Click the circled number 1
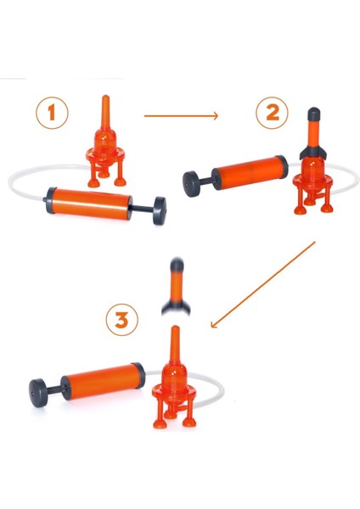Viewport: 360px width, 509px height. click(x=52, y=113)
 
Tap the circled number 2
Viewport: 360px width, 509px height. click(x=272, y=113)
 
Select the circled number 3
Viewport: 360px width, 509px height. click(x=122, y=320)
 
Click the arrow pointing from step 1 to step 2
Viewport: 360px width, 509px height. click(x=181, y=115)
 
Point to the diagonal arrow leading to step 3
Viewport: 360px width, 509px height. click(x=263, y=285)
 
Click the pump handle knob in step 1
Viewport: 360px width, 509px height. click(x=160, y=210)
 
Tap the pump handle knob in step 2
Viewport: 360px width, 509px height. click(x=191, y=184)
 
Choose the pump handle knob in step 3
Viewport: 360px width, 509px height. click(x=38, y=393)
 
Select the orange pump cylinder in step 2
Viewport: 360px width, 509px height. click(x=250, y=172)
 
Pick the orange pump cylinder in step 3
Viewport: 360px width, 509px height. click(x=104, y=381)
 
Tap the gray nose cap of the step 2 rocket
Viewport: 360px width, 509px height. click(x=314, y=114)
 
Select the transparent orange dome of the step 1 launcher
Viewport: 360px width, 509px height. click(x=104, y=141)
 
